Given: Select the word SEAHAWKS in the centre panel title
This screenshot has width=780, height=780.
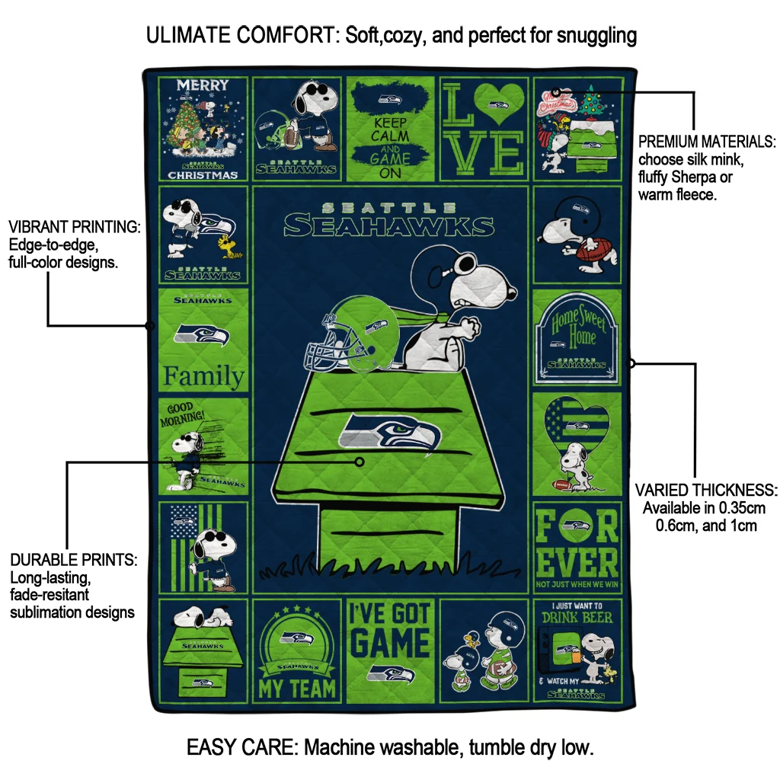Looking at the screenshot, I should pyautogui.click(x=389, y=226).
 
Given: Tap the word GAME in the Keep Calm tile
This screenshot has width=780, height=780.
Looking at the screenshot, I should pyautogui.click(x=390, y=158).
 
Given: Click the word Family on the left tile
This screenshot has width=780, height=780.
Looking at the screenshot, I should pyautogui.click(x=203, y=376).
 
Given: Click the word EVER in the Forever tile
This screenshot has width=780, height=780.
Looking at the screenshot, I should pyautogui.click(x=577, y=561).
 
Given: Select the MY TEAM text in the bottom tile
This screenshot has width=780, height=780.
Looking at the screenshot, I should pyautogui.click(x=297, y=689).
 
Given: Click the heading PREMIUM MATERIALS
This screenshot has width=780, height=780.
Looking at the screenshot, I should pyautogui.click(x=707, y=142).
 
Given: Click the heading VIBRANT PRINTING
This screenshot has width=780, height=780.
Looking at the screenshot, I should pyautogui.click(x=74, y=228).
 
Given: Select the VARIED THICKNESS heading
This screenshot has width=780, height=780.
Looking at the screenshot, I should pyautogui.click(x=706, y=490).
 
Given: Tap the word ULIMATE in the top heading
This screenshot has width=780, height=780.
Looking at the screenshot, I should pyautogui.click(x=193, y=35).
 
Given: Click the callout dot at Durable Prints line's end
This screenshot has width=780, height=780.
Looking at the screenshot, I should pyautogui.click(x=360, y=462).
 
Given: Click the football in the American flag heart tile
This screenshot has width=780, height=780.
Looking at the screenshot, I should pyautogui.click(x=560, y=484).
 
